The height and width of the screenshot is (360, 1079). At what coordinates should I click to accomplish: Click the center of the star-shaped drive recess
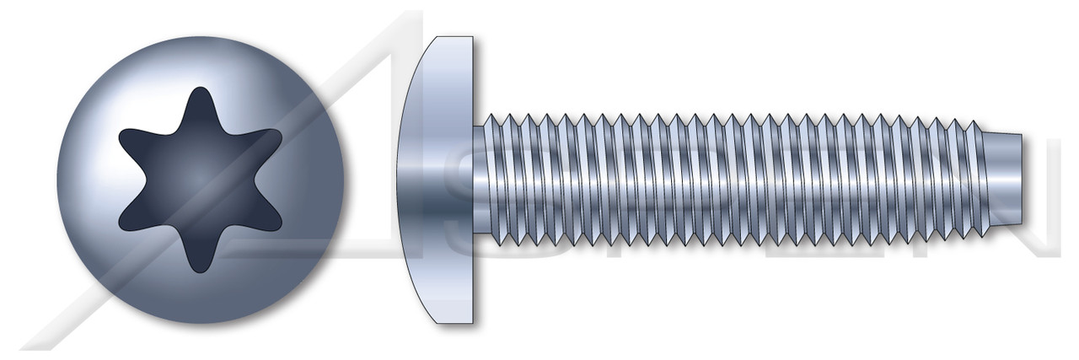(200, 180)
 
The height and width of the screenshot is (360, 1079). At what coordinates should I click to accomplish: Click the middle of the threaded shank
(725, 180)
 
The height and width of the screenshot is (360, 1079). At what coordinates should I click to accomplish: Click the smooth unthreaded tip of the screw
(1003, 180)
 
